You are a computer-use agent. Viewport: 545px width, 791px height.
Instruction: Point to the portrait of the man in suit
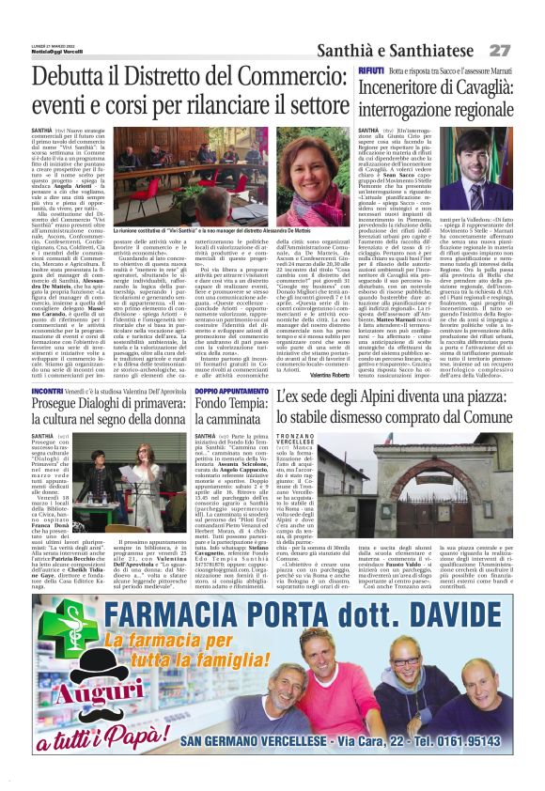coord(491,161)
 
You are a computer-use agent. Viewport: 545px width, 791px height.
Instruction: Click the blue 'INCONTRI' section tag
coord(48,388)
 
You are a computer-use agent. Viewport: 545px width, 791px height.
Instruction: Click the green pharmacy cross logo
coord(55,633)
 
